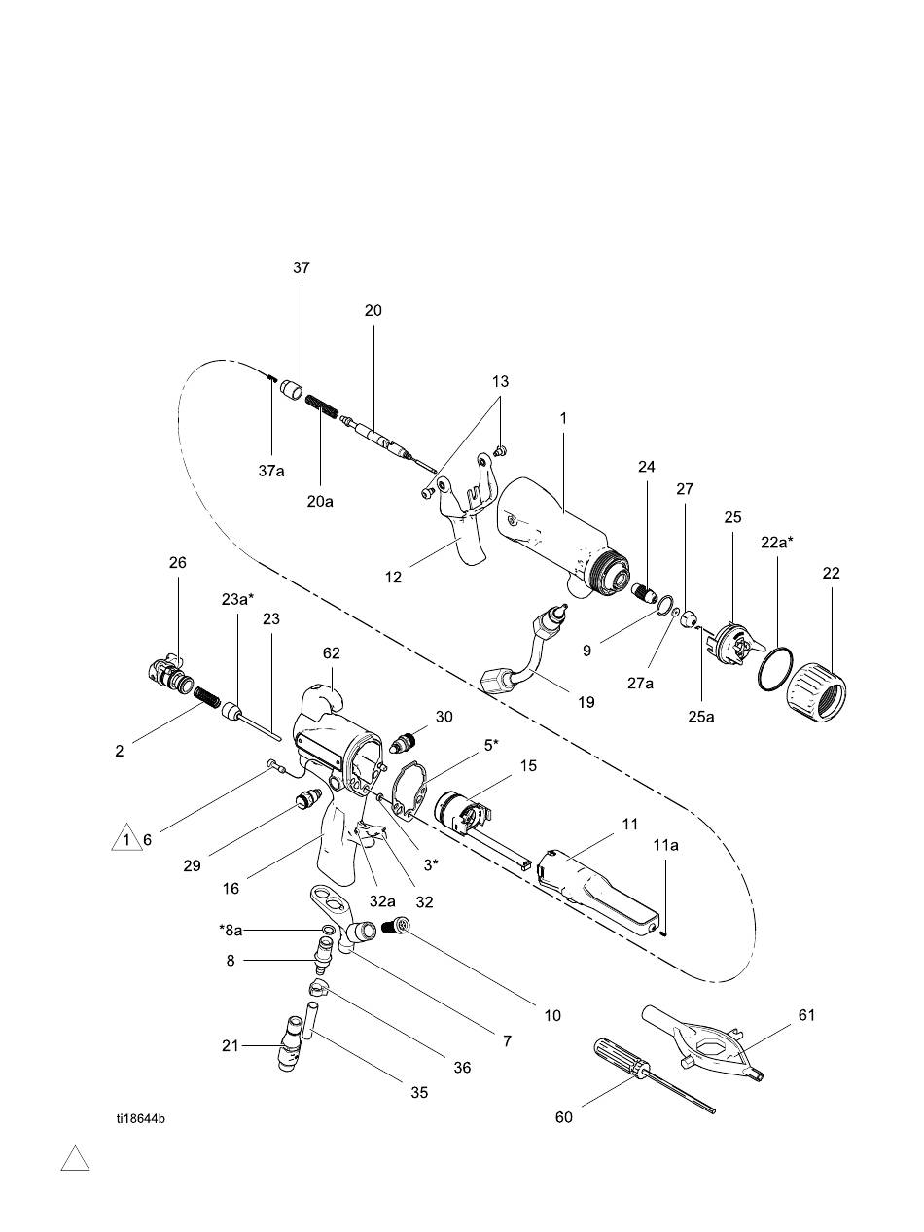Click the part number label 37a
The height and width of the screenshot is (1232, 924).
tap(271, 471)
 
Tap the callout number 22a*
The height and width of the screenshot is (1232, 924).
tap(777, 543)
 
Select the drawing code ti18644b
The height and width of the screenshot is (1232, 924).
tap(140, 1118)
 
